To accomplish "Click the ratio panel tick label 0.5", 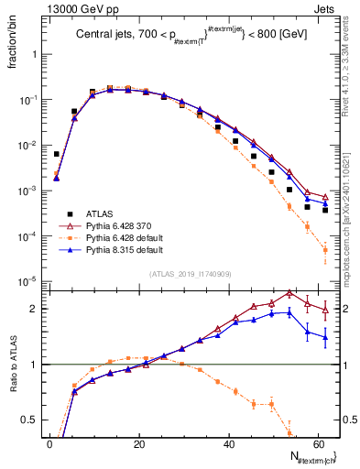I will (x=30, y=420).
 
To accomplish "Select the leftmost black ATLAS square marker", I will (x=57, y=154).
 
